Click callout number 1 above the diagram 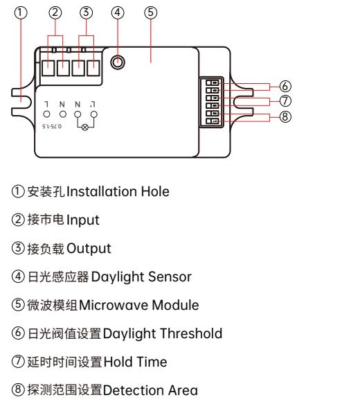(x=20, y=12)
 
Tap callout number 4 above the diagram (x=118, y=12)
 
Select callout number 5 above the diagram (x=151, y=12)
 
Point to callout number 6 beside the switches (x=285, y=86)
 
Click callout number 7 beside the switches (x=285, y=100)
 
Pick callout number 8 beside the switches (x=285, y=116)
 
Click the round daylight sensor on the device (x=118, y=62)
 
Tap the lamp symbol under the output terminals (x=85, y=127)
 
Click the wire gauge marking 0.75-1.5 (x=52, y=126)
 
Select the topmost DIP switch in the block (x=213, y=82)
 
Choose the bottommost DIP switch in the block (x=213, y=121)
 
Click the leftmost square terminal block (x=48, y=69)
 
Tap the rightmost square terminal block (x=93, y=69)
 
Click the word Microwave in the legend (x=114, y=305)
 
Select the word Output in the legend (x=89, y=249)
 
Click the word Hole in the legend (x=155, y=191)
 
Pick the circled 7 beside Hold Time (x=18, y=361)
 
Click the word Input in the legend (x=82, y=220)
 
